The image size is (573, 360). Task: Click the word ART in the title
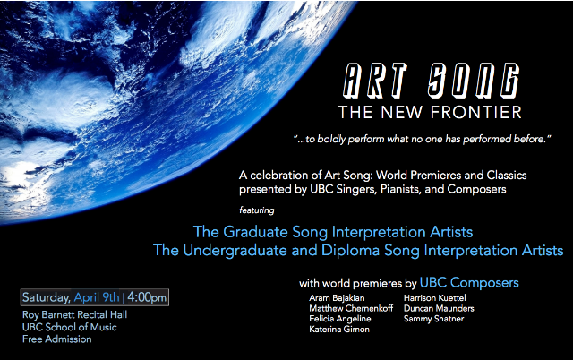point(375,81)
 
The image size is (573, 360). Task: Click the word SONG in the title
point(474,81)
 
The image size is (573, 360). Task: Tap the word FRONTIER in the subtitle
point(476,112)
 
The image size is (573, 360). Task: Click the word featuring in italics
point(257,210)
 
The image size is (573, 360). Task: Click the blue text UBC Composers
point(469,283)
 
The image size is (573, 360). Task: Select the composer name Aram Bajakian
point(337,298)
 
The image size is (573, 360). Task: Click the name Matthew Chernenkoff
point(351,308)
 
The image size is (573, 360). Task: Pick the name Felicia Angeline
point(340,319)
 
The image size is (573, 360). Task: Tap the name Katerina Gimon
point(339,330)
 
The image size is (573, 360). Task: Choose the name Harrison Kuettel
point(434,298)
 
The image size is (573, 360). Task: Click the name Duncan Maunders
point(439,308)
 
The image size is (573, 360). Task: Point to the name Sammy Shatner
point(433,319)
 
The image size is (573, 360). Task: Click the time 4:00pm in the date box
point(147,297)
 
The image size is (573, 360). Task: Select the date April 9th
point(97,297)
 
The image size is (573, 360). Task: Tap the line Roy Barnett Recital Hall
point(74,314)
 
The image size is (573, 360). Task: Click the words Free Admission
point(57,339)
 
